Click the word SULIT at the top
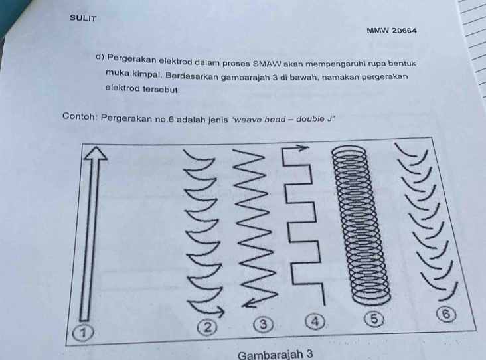(x=83, y=19)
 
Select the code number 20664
(x=404, y=31)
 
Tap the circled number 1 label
(x=83, y=333)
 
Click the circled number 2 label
(x=208, y=327)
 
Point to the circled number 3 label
(x=264, y=324)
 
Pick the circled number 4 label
(x=315, y=321)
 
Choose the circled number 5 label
(x=374, y=319)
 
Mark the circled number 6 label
(x=446, y=314)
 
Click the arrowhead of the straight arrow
(x=96, y=153)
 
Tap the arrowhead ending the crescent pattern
(x=218, y=311)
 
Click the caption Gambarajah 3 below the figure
(x=276, y=355)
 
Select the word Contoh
(x=80, y=116)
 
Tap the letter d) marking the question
(x=100, y=57)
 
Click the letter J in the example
(x=329, y=119)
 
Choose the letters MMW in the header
(x=378, y=31)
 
